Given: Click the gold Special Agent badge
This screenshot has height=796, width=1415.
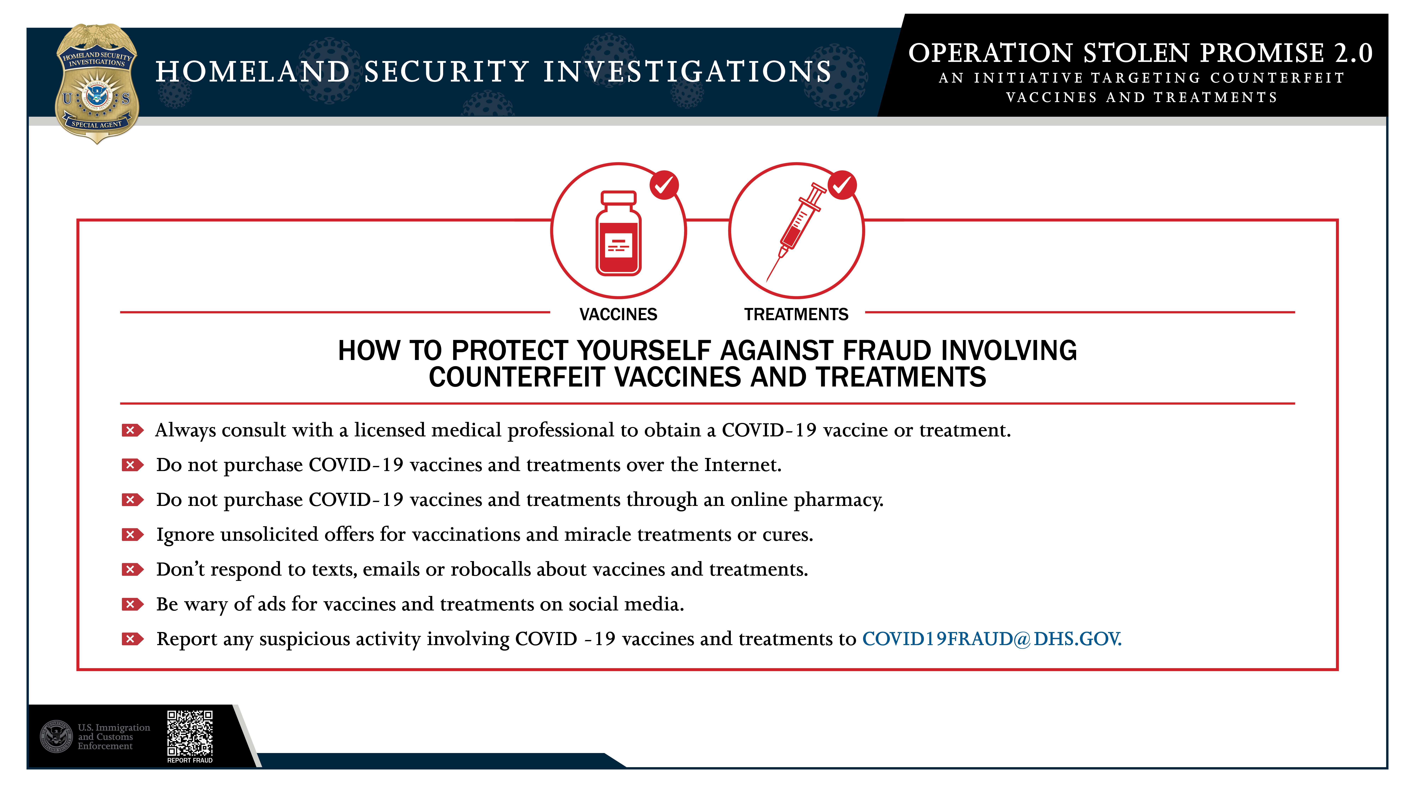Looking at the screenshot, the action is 97,83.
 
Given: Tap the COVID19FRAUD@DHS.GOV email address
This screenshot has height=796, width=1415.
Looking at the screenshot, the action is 992,639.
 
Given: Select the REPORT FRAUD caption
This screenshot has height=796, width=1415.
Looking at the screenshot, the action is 190,760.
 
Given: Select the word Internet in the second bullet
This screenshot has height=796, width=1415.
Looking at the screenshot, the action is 743,465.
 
